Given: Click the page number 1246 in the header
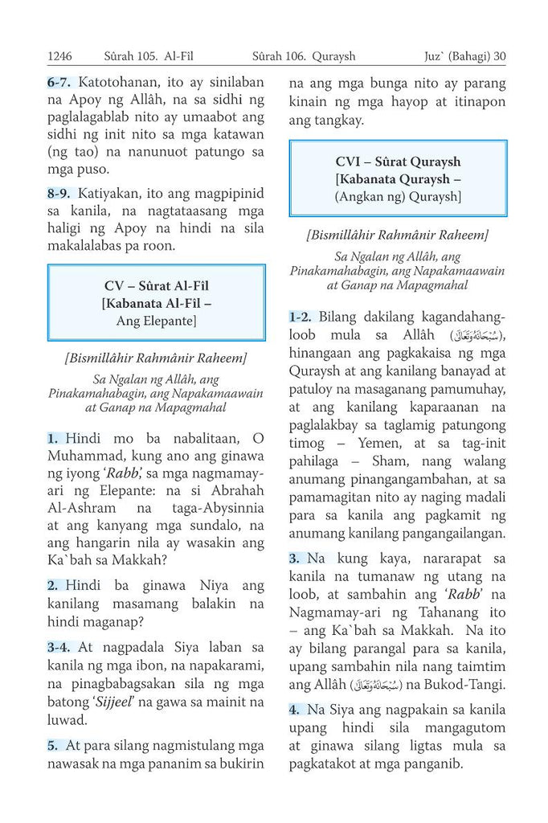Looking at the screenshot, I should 59,57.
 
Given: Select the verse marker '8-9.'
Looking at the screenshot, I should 61,193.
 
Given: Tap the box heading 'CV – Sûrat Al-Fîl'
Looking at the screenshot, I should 157,286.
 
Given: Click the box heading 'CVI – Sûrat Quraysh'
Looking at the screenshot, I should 398,162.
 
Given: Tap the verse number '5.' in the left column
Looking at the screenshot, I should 52,744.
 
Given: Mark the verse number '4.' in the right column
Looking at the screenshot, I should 295,710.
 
